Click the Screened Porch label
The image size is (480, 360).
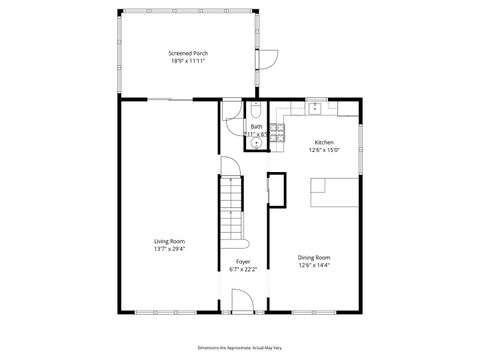pos(187,53)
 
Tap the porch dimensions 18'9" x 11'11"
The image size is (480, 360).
pos(187,61)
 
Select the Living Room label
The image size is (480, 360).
pos(169,240)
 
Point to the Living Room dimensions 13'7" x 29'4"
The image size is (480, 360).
pos(169,248)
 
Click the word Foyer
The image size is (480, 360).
pos(242,261)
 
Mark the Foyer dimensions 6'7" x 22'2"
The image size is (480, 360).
pos(242,269)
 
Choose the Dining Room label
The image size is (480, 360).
pos(313,257)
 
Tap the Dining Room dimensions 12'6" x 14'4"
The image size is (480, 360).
pos(313,265)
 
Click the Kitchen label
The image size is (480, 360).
pos(325,142)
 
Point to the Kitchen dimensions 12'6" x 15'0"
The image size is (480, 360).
pos(325,150)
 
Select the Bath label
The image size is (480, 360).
pos(256,126)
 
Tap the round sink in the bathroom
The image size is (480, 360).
pos(256,143)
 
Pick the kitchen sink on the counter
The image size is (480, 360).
pos(314,105)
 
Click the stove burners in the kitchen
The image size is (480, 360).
pos(277,129)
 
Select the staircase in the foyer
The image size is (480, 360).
pos(232,205)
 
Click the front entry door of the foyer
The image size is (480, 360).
pos(242,301)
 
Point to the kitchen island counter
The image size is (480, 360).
pos(331,190)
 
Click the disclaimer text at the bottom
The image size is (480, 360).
pos(240,346)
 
